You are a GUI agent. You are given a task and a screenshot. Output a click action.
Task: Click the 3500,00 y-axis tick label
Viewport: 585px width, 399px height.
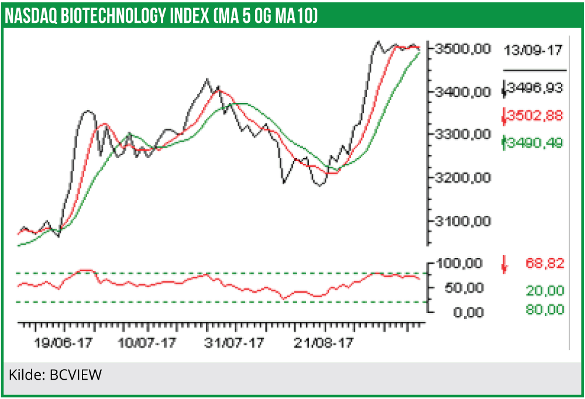click(462, 49)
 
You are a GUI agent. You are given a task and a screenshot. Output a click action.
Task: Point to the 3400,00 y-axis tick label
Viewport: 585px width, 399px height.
click(462, 92)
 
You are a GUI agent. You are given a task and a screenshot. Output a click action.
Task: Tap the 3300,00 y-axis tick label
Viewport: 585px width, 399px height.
click(462, 135)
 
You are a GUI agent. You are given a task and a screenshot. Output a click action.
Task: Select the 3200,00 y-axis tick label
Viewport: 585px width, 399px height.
click(462, 177)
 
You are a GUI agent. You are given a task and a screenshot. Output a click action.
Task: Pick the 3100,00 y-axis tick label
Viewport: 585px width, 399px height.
click(462, 221)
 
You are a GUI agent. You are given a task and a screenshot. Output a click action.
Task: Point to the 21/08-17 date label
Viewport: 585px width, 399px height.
click(323, 343)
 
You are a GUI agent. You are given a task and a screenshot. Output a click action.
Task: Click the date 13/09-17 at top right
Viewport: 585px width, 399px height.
click(533, 50)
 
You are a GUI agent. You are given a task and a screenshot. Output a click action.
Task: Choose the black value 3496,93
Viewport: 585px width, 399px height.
click(534, 88)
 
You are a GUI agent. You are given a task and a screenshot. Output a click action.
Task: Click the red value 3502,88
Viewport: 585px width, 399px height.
click(534, 115)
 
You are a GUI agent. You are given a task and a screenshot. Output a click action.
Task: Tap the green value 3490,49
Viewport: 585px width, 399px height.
click(534, 142)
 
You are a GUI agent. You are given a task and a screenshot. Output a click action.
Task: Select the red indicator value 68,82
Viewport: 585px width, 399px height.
click(544, 264)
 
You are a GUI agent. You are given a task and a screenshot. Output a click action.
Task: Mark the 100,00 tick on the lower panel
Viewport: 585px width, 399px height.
click(462, 263)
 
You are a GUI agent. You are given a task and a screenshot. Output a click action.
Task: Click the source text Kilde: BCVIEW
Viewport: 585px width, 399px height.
click(55, 374)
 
